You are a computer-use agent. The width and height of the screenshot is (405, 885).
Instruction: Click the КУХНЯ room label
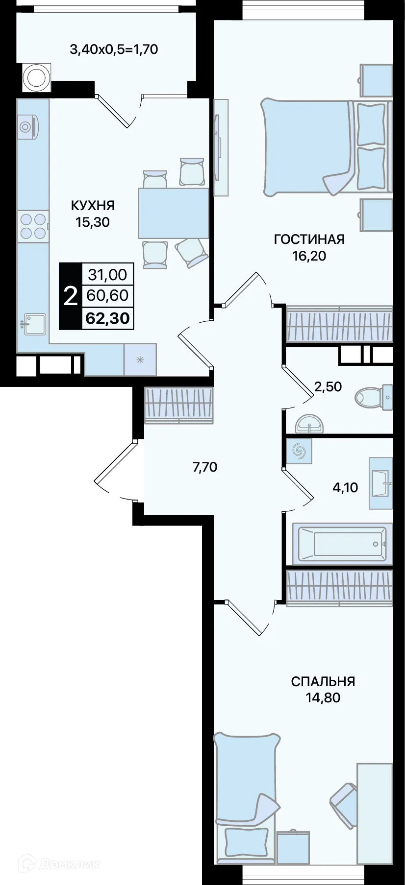[x=93, y=205]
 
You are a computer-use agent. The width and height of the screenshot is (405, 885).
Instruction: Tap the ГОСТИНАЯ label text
[x=309, y=239]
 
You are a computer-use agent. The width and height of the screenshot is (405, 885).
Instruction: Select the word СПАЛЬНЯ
[x=323, y=681]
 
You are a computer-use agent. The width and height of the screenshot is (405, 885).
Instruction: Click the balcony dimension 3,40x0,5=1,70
[x=114, y=49]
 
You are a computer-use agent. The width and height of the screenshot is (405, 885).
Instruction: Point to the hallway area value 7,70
[x=205, y=467]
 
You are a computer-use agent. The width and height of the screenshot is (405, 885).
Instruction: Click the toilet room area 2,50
[x=328, y=386]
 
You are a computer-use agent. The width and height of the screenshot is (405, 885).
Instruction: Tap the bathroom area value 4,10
[x=345, y=487]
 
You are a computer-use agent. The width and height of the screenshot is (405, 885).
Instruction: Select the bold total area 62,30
[x=107, y=318]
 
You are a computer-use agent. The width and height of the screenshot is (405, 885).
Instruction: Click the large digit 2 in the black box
[x=71, y=296]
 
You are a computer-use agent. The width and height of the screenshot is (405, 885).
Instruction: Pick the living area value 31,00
[x=107, y=274]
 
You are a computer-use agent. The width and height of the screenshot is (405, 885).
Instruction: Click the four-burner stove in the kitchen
[x=33, y=226]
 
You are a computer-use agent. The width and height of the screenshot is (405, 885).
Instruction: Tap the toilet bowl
[x=373, y=397]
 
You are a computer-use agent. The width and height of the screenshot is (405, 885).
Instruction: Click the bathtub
[x=342, y=544]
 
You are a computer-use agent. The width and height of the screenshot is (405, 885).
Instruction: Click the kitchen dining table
[x=173, y=213]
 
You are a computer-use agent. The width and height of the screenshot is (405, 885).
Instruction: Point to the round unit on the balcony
[x=36, y=77]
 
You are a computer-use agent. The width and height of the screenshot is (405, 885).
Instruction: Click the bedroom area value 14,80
[x=323, y=697]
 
